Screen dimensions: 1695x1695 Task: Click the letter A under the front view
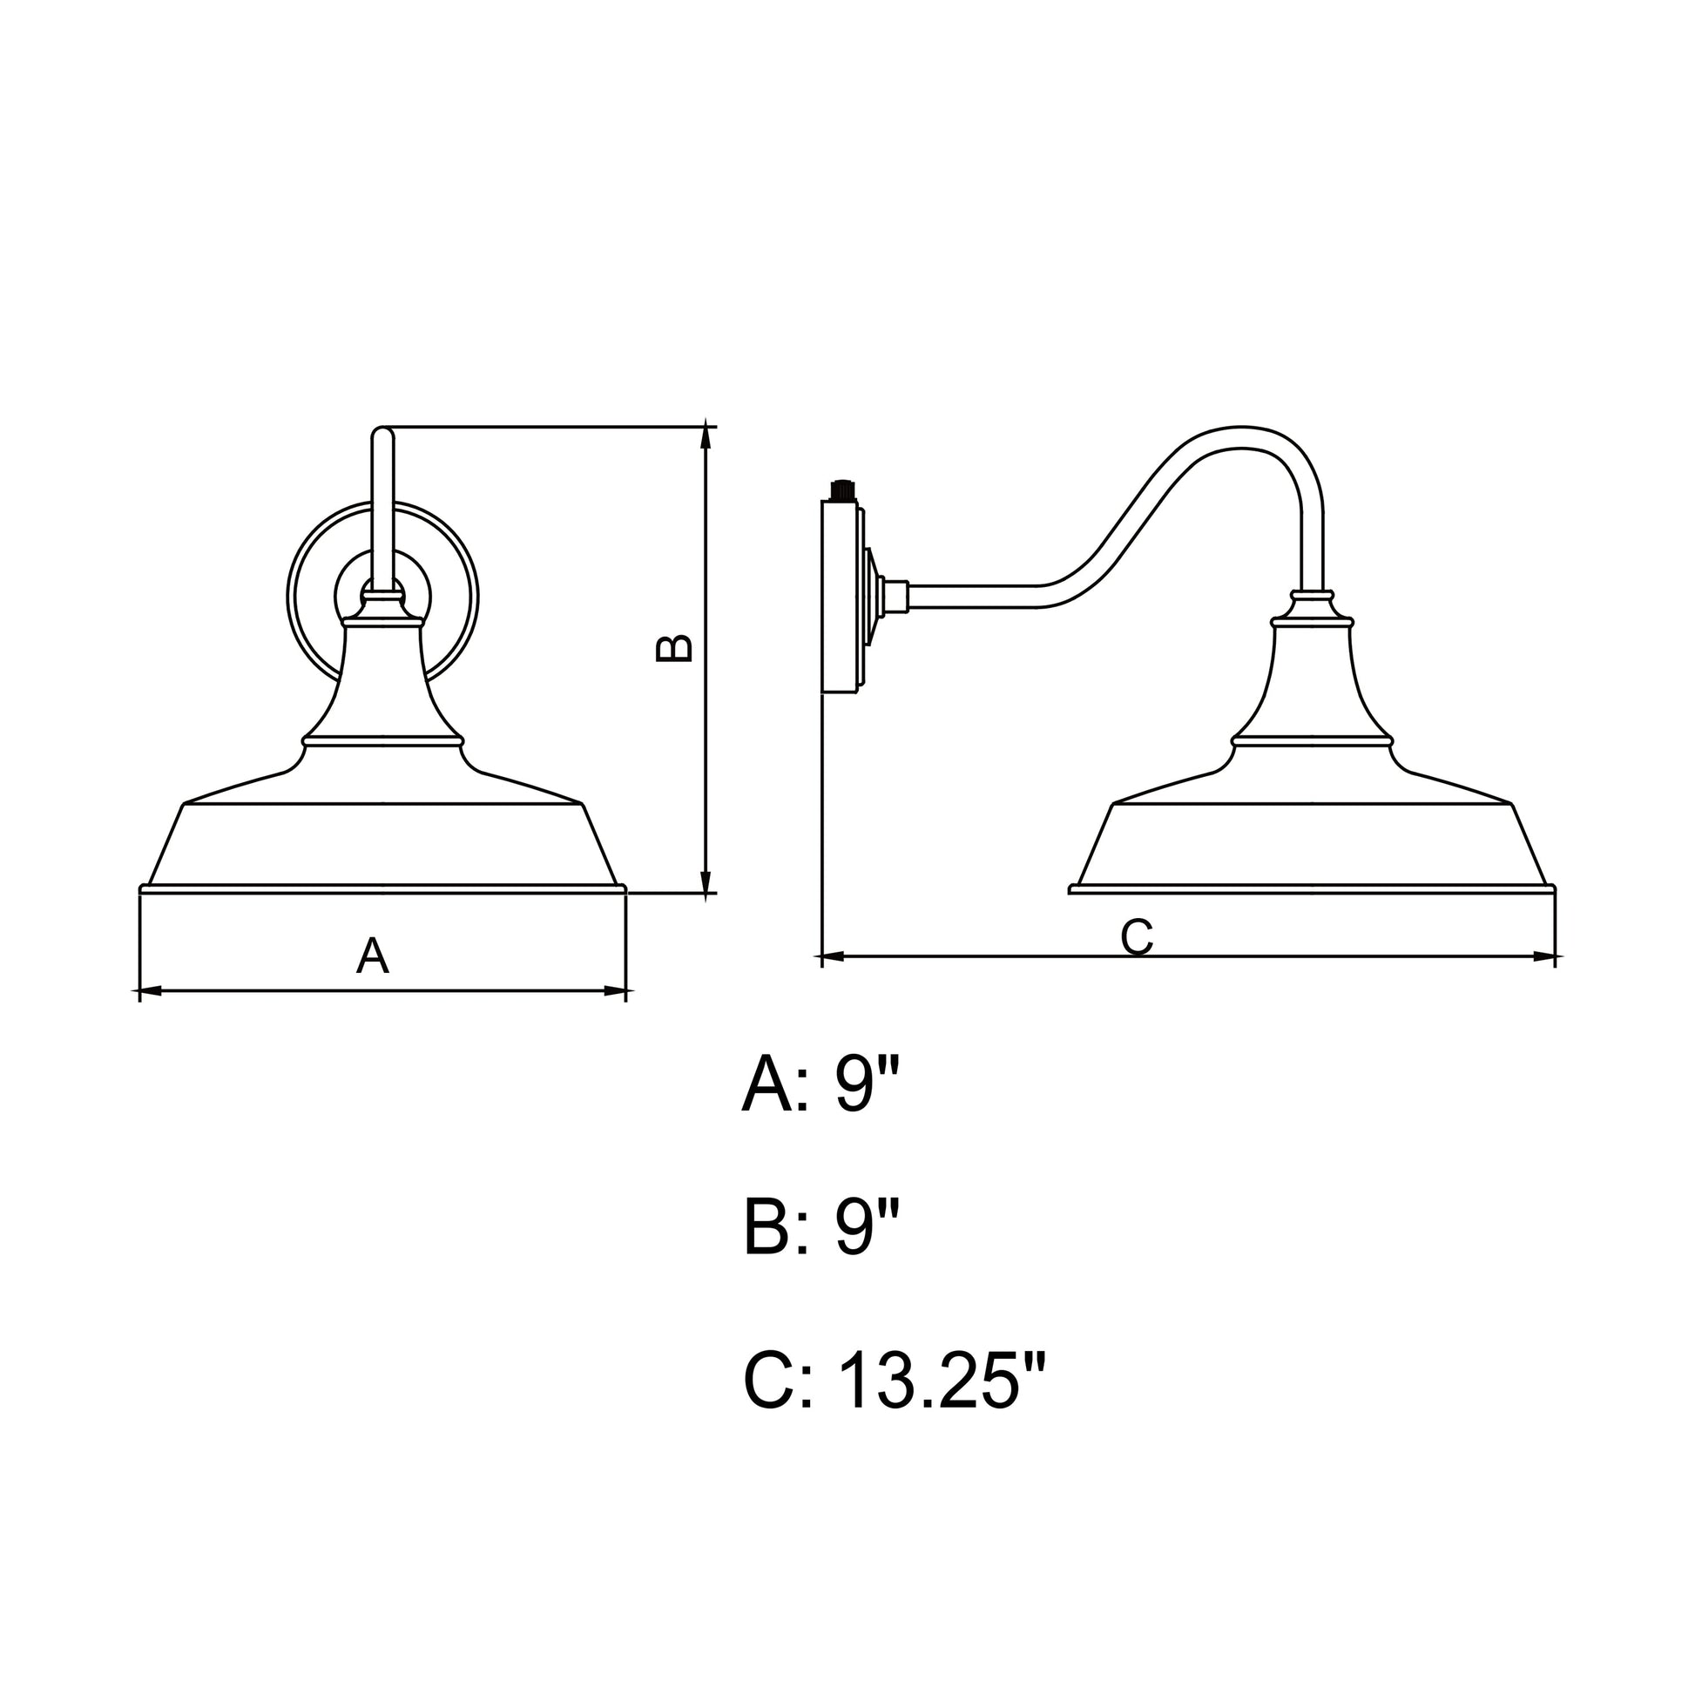pyautogui.click(x=372, y=956)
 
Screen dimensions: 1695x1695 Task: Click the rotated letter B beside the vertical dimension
pyautogui.click(x=675, y=648)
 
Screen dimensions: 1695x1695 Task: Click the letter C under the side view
pyautogui.click(x=1136, y=937)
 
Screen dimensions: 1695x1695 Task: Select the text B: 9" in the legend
pyautogui.click(x=822, y=1229)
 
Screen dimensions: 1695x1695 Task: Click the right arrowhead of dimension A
pyautogui.click(x=615, y=991)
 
